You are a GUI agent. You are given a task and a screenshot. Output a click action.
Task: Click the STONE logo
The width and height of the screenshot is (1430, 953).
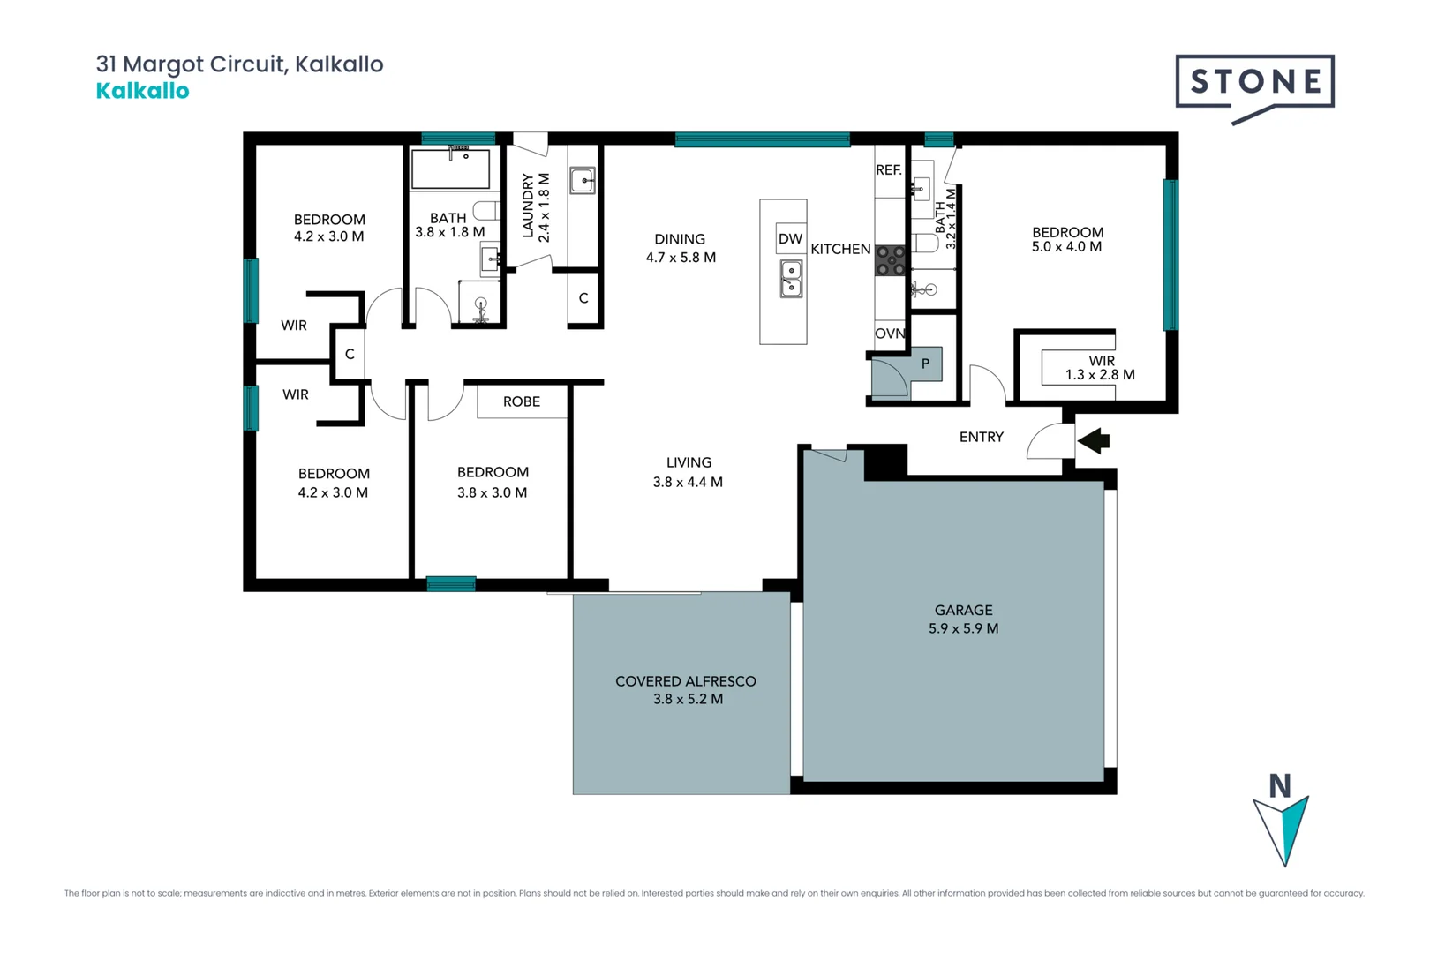pos(1254,83)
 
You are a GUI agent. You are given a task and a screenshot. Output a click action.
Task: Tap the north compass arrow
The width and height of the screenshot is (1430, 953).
pos(1283,825)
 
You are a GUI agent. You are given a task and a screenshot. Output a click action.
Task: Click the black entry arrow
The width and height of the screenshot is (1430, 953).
pos(1094,439)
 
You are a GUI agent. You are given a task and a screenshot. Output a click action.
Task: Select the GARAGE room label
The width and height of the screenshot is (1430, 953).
pos(963,610)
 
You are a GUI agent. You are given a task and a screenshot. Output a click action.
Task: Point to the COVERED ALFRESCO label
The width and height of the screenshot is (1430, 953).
pos(685,681)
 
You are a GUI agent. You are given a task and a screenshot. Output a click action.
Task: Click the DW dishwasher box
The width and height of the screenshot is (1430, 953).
pos(790,239)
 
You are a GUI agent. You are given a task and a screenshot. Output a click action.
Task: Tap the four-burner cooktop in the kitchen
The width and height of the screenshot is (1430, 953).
pos(891,260)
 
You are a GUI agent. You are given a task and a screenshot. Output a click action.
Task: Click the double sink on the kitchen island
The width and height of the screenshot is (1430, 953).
pos(791,278)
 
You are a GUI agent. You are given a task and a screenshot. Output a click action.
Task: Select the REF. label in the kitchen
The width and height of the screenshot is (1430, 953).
pos(889,169)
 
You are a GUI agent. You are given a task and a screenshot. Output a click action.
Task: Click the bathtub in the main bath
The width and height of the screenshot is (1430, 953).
pos(450,169)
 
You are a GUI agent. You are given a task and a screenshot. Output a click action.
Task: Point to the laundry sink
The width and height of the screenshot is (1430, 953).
pos(582,180)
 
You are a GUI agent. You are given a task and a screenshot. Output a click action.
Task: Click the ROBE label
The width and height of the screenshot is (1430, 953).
pos(521,401)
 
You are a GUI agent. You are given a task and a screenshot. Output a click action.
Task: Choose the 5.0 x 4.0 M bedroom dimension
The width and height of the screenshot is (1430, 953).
pos(1066,247)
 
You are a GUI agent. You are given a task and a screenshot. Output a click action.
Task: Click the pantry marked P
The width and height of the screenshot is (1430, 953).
pos(925,364)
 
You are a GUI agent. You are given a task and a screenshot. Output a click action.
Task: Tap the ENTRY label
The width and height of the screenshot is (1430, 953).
pos(981,437)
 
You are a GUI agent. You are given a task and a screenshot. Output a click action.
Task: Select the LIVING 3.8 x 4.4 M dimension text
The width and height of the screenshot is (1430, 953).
pos(688,482)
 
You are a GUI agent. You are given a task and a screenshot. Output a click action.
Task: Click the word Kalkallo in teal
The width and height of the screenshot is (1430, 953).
pos(142,91)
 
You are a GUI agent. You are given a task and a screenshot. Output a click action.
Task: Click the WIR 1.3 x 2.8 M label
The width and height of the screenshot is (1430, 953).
pos(1100,368)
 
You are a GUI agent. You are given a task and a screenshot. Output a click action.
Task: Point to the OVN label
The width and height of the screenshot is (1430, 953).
pos(890,334)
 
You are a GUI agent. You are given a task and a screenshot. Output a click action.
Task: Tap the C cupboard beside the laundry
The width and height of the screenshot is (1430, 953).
pos(583,298)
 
